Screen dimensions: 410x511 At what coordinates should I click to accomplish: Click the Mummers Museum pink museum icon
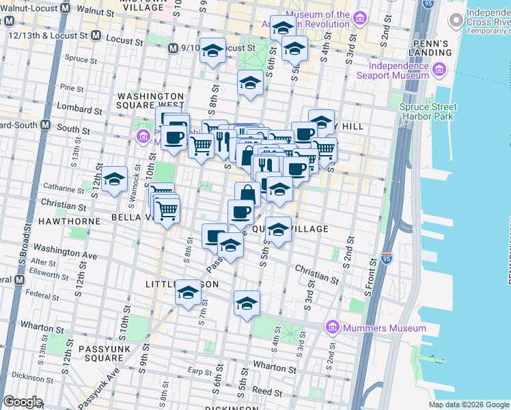(332, 328)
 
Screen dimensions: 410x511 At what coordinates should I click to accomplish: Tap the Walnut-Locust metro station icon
(65, 10)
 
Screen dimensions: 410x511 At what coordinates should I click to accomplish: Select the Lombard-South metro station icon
(46, 125)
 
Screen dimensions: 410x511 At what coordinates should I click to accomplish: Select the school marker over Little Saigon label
(186, 294)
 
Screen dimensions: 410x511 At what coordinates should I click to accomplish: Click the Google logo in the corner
(23, 402)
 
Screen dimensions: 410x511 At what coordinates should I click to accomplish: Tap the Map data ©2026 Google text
(468, 405)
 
